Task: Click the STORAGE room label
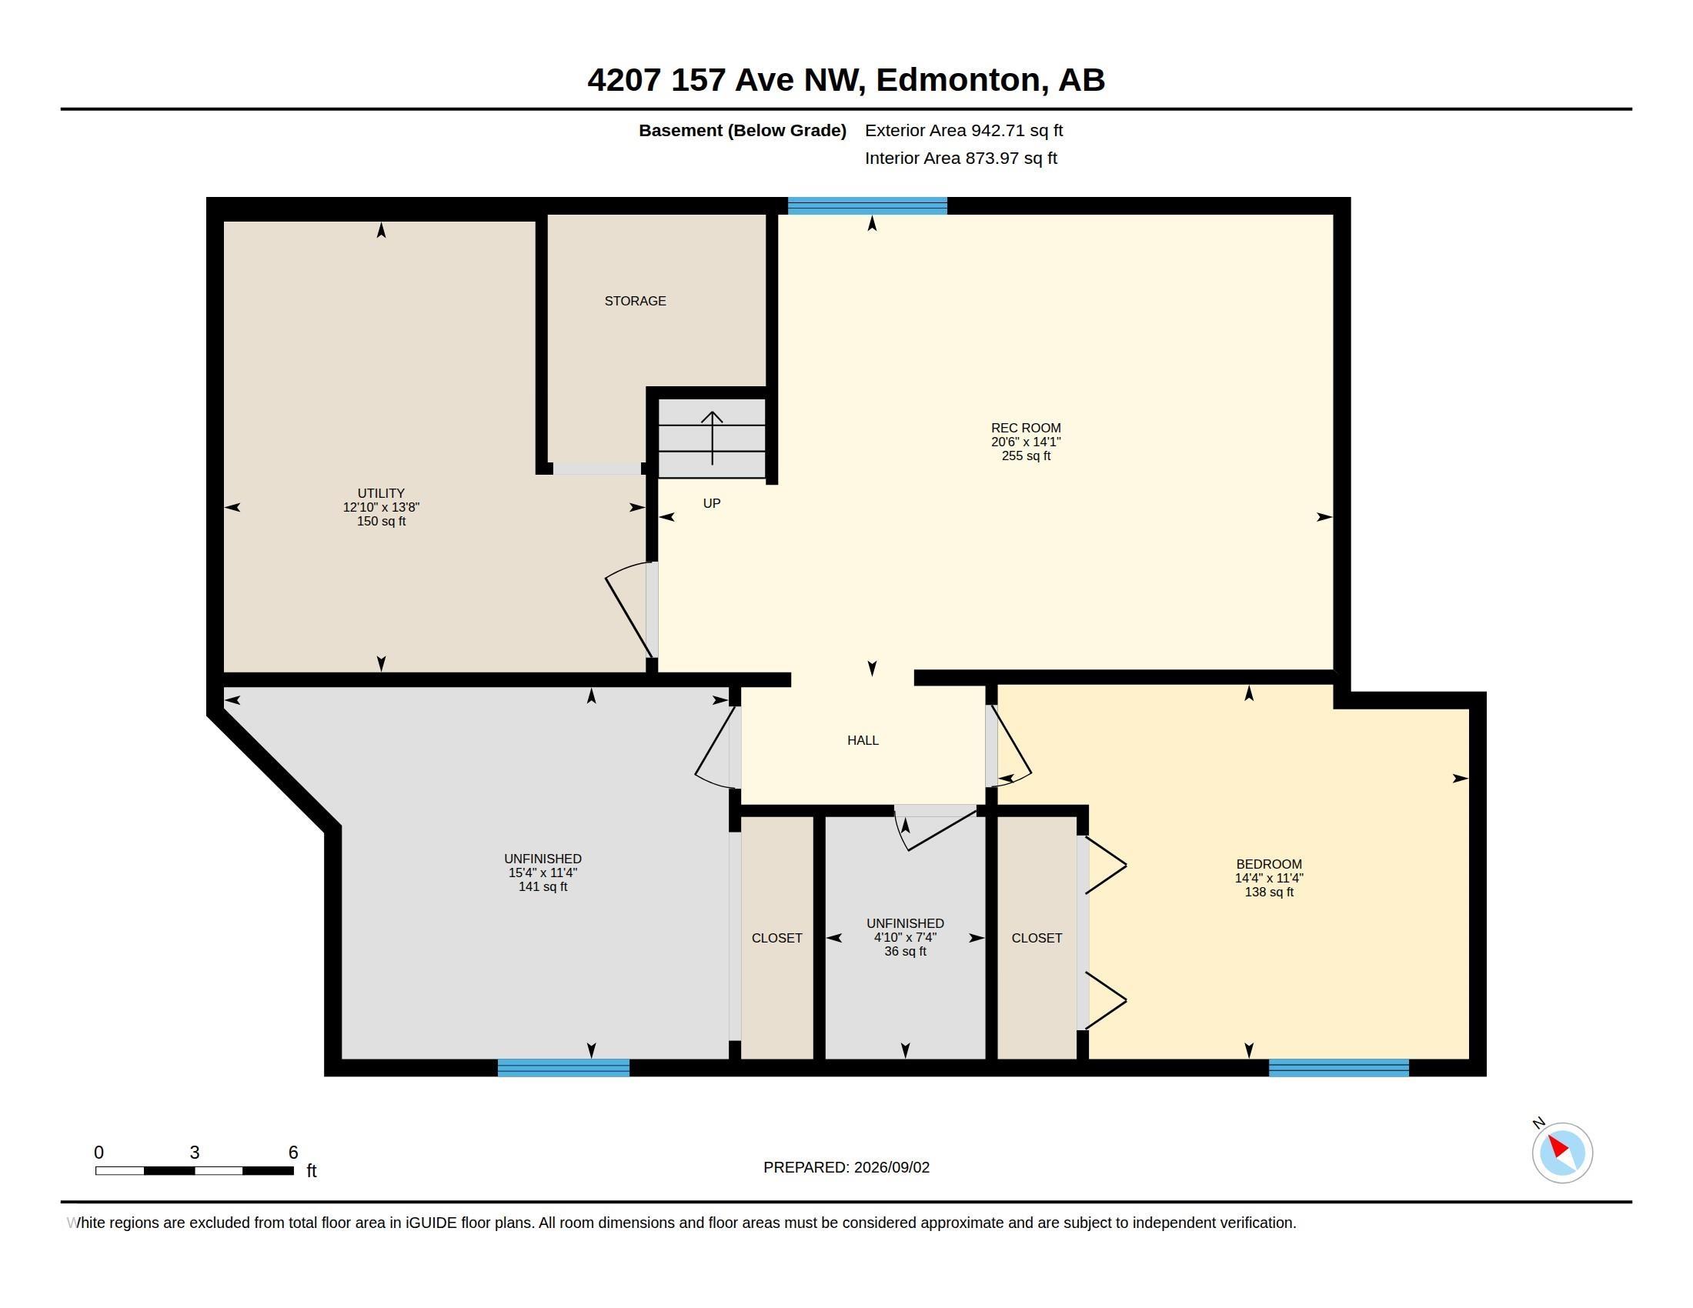point(635,301)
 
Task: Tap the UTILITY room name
point(381,493)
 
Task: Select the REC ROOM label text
point(1026,428)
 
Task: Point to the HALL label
point(863,740)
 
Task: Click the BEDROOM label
point(1269,864)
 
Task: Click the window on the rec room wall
point(867,206)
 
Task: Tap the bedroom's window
point(1339,1068)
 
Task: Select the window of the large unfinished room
point(563,1068)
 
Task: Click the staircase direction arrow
point(713,438)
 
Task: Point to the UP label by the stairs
point(712,504)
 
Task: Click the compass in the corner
point(1562,1153)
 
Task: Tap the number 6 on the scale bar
point(293,1153)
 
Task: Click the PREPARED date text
point(846,1167)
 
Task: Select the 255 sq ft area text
point(1026,455)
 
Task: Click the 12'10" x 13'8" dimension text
point(381,507)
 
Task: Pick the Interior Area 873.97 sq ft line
point(960,158)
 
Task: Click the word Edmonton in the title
point(958,80)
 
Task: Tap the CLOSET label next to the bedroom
point(1037,938)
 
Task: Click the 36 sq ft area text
point(906,951)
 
